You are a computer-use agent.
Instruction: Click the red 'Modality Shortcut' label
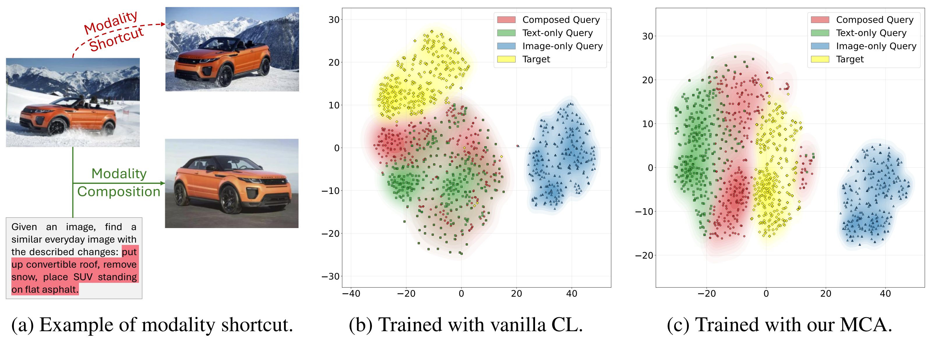(x=114, y=32)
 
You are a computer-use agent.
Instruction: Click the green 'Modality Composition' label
(x=119, y=182)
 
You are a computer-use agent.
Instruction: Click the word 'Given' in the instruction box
(x=24, y=227)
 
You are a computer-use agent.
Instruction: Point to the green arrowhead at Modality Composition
(x=163, y=183)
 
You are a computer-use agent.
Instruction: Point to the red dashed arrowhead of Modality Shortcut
(x=163, y=24)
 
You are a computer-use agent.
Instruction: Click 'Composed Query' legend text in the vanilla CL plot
(x=561, y=20)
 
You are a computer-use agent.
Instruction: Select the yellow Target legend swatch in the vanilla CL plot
(x=506, y=59)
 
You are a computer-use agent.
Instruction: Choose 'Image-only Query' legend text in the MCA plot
(x=876, y=46)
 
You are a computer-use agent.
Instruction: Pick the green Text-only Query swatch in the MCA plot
(x=820, y=33)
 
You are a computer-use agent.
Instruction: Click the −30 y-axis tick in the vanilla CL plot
(x=331, y=276)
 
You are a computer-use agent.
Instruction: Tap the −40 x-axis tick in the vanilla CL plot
(x=351, y=294)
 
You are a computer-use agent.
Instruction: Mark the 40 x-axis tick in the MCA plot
(x=885, y=294)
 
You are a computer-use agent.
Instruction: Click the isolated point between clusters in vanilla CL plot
(x=518, y=146)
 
